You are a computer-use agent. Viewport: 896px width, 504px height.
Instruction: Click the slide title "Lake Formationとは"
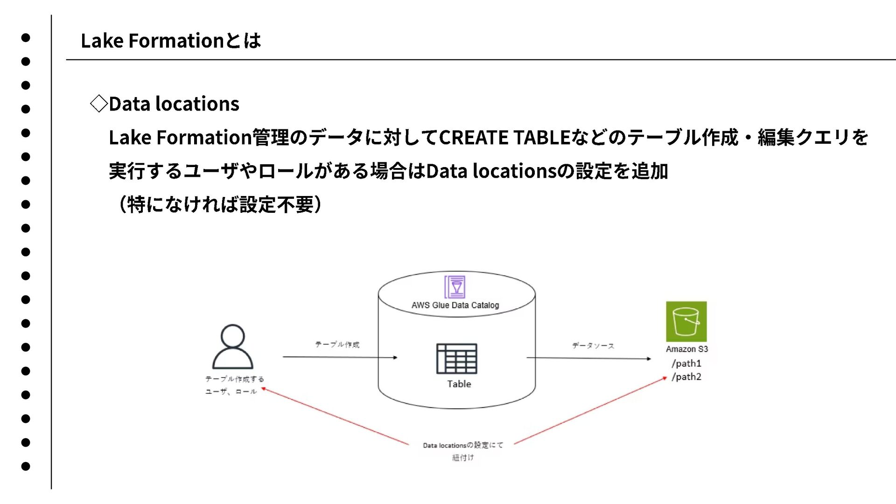(x=170, y=41)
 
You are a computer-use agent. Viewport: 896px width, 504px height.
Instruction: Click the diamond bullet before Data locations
(x=98, y=104)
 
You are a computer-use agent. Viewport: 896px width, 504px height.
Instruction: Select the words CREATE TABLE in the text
(x=504, y=138)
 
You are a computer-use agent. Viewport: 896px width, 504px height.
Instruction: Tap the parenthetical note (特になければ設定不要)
(x=219, y=204)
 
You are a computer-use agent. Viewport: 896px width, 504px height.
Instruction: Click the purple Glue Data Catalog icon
(x=455, y=287)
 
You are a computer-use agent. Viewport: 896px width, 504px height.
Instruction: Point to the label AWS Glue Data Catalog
(x=455, y=305)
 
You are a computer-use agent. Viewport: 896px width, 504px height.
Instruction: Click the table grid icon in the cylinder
(x=456, y=358)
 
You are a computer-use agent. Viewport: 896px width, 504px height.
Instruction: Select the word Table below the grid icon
(x=459, y=384)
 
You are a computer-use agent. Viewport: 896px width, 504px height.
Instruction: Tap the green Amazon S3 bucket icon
(x=686, y=322)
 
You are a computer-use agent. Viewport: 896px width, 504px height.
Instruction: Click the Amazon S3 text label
(x=686, y=349)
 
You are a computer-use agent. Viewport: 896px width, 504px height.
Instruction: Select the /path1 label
(x=686, y=364)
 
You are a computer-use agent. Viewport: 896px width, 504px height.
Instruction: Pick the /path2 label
(x=686, y=377)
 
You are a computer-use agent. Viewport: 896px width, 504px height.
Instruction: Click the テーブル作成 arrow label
(x=337, y=344)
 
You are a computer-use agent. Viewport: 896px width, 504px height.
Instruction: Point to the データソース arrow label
(x=593, y=346)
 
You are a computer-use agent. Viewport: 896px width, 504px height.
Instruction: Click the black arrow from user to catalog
(x=340, y=357)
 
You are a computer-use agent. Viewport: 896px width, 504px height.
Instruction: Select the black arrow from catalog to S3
(x=588, y=358)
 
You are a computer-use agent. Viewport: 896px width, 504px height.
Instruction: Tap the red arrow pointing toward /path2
(x=590, y=411)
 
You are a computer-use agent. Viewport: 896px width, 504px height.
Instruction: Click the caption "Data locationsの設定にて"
(x=463, y=445)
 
